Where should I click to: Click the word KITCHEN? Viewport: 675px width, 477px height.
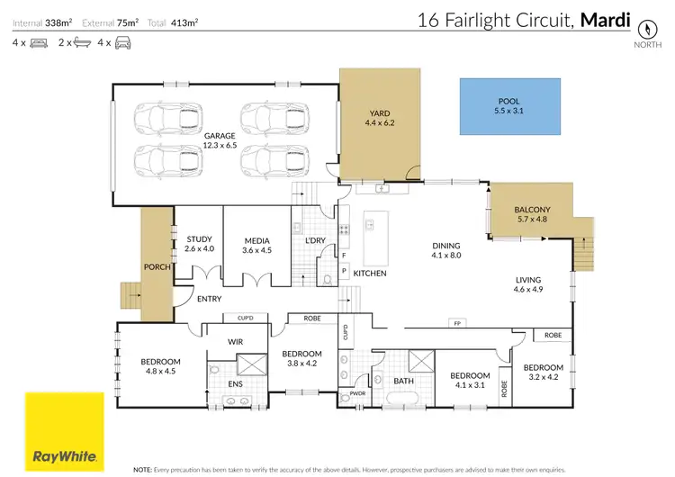coord(370,273)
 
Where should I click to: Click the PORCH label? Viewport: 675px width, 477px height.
coord(157,267)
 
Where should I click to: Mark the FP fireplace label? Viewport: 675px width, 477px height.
coord(457,322)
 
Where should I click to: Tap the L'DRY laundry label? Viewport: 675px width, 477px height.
coord(315,241)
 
